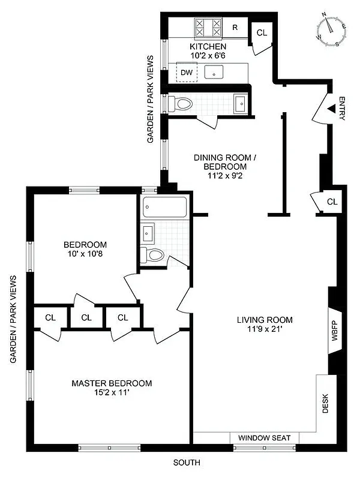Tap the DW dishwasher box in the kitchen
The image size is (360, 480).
click(187, 73)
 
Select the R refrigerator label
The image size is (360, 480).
click(235, 27)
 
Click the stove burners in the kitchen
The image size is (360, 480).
click(208, 28)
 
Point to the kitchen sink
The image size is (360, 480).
click(214, 73)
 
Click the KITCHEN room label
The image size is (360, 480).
click(208, 46)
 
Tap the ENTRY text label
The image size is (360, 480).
click(342, 109)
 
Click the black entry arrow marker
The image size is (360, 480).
click(329, 109)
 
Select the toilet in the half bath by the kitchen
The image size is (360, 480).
click(180, 103)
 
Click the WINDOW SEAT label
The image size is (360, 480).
click(265, 438)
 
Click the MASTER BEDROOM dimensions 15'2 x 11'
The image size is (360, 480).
click(112, 392)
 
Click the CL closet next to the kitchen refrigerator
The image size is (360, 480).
click(261, 32)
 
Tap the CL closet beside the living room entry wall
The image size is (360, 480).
click(332, 202)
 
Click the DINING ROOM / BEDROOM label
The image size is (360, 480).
click(225, 162)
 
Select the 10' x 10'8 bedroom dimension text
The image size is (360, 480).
click(85, 254)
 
